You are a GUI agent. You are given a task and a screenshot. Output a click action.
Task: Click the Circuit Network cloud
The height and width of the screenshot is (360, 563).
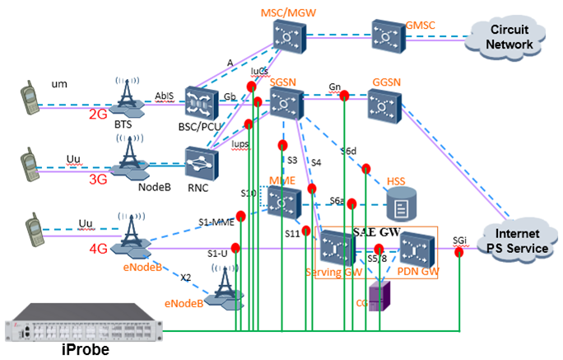[509, 34]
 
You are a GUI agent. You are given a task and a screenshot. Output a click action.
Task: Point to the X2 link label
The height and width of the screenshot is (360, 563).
[185, 277]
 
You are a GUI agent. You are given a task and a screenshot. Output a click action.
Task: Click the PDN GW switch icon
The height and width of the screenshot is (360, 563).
[417, 247]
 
